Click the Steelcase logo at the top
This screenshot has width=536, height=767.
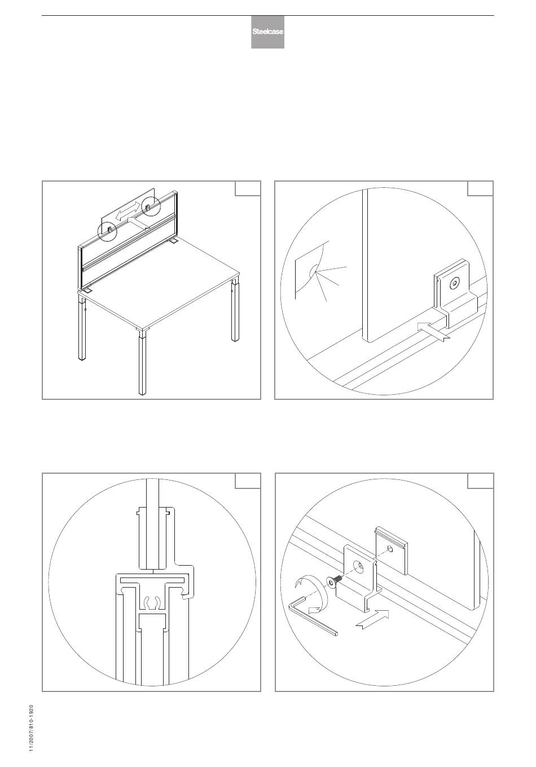tap(267, 32)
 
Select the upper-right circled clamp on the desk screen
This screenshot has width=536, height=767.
tap(150, 206)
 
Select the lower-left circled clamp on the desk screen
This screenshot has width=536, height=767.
tap(107, 232)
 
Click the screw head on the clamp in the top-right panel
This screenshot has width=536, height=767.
tap(455, 283)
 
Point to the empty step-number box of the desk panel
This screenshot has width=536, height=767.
tap(248, 188)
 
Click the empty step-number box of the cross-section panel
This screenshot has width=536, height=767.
tap(248, 481)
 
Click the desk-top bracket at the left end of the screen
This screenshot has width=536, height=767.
tap(87, 290)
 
